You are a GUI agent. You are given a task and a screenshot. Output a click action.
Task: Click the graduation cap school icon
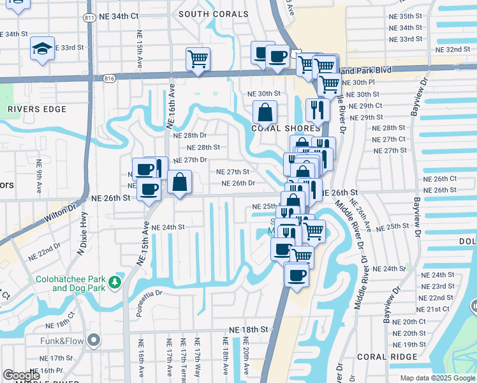[x=42, y=48]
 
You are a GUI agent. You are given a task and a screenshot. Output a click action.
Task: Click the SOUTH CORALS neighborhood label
[x=214, y=14]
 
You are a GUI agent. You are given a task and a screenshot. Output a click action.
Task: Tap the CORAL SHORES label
[x=275, y=128]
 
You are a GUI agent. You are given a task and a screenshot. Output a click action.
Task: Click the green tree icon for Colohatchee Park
[x=115, y=282]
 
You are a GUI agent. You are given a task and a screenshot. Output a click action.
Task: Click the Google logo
[x=21, y=375]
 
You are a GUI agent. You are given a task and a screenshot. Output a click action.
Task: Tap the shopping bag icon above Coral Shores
[x=265, y=113]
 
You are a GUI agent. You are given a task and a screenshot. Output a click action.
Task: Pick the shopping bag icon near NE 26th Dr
[x=180, y=182]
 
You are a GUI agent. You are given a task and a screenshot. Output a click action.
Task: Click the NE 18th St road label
[x=248, y=329]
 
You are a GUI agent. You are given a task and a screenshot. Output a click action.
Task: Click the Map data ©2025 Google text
[x=437, y=378]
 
